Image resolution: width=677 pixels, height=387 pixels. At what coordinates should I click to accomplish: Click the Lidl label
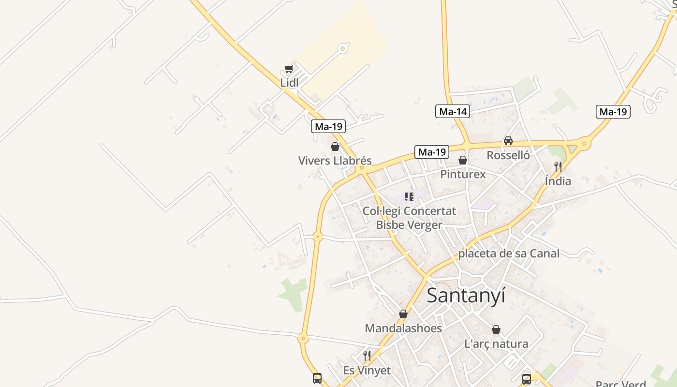[289, 83]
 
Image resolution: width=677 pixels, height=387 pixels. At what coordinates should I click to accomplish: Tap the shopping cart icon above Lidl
[289, 69]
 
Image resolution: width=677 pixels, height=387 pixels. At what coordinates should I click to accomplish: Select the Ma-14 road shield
[453, 112]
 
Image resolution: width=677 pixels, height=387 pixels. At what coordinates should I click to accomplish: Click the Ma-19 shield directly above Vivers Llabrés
[328, 127]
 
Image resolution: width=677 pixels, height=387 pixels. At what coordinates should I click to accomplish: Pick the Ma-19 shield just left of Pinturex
[431, 152]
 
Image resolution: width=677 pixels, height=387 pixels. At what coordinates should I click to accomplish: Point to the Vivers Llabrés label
[335, 161]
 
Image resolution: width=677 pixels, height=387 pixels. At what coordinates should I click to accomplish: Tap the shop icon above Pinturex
[463, 160]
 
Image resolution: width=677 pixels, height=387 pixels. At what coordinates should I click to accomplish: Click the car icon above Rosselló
[508, 141]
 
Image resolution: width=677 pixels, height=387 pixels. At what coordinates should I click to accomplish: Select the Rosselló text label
[508, 155]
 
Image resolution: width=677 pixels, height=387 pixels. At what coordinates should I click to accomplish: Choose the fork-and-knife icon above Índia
[558, 167]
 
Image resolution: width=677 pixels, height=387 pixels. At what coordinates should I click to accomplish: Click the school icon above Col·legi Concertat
[409, 197]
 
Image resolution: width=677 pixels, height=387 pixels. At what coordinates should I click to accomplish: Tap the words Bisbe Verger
[409, 225]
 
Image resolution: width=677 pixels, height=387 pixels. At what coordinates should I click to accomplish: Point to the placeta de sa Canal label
[509, 253]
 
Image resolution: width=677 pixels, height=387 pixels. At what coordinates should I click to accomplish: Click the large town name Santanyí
[466, 295]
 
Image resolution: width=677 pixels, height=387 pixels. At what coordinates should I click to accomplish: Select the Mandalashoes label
[403, 328]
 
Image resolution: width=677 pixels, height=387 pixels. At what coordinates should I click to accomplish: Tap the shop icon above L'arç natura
[496, 330]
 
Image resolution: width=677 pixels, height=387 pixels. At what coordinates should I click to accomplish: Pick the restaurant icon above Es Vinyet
[367, 357]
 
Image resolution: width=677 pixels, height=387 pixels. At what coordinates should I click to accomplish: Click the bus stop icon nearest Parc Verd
[527, 379]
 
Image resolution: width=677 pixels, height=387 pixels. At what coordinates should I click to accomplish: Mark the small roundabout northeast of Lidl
[343, 48]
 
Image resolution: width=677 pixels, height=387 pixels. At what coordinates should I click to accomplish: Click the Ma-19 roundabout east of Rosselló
[584, 143]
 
